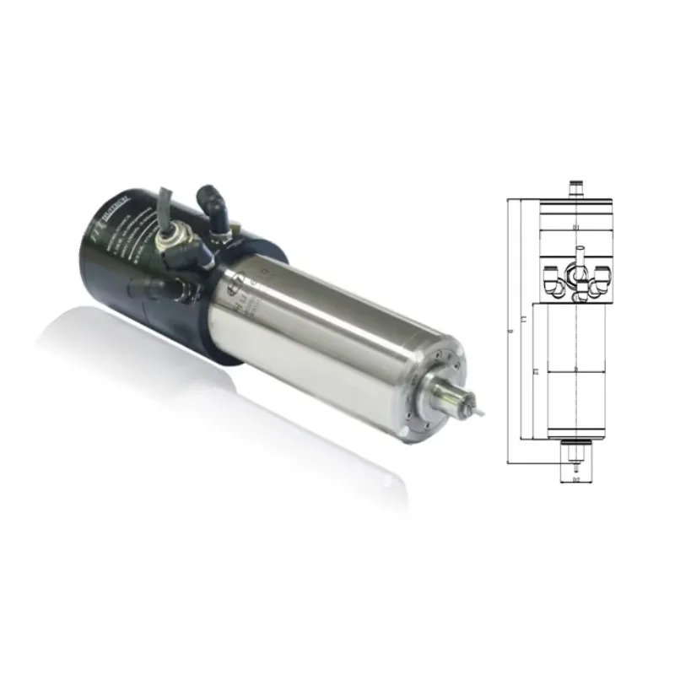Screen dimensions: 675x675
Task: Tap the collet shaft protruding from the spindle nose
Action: (456, 397)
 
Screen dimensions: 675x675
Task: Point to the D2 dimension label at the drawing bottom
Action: (575, 480)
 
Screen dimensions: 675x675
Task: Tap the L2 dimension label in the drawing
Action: (535, 371)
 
